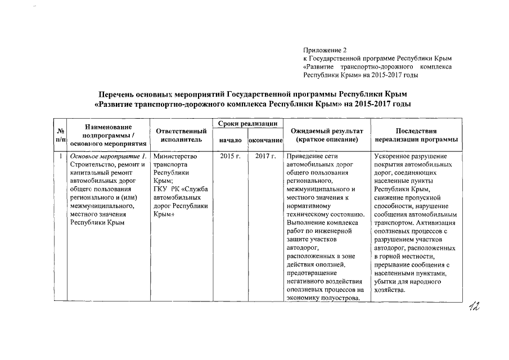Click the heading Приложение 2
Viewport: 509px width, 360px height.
325,51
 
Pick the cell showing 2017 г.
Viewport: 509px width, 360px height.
264,155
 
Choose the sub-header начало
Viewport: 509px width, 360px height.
230,139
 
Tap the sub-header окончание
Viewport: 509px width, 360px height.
265,139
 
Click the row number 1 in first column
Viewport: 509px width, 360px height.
60,156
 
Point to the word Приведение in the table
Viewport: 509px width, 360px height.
305,156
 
